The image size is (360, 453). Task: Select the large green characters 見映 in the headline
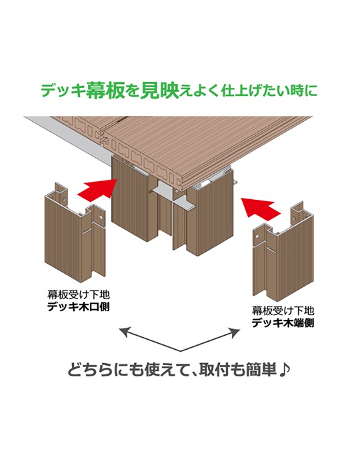tap(159, 90)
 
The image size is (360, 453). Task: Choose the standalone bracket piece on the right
tap(283, 252)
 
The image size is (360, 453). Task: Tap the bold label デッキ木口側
tap(79, 307)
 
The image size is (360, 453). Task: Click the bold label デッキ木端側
tap(283, 322)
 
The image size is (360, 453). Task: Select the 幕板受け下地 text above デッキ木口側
tap(79, 295)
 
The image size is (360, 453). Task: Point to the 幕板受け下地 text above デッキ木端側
tap(283, 311)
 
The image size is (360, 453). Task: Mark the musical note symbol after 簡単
tap(284, 370)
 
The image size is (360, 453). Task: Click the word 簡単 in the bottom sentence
tap(261, 370)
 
